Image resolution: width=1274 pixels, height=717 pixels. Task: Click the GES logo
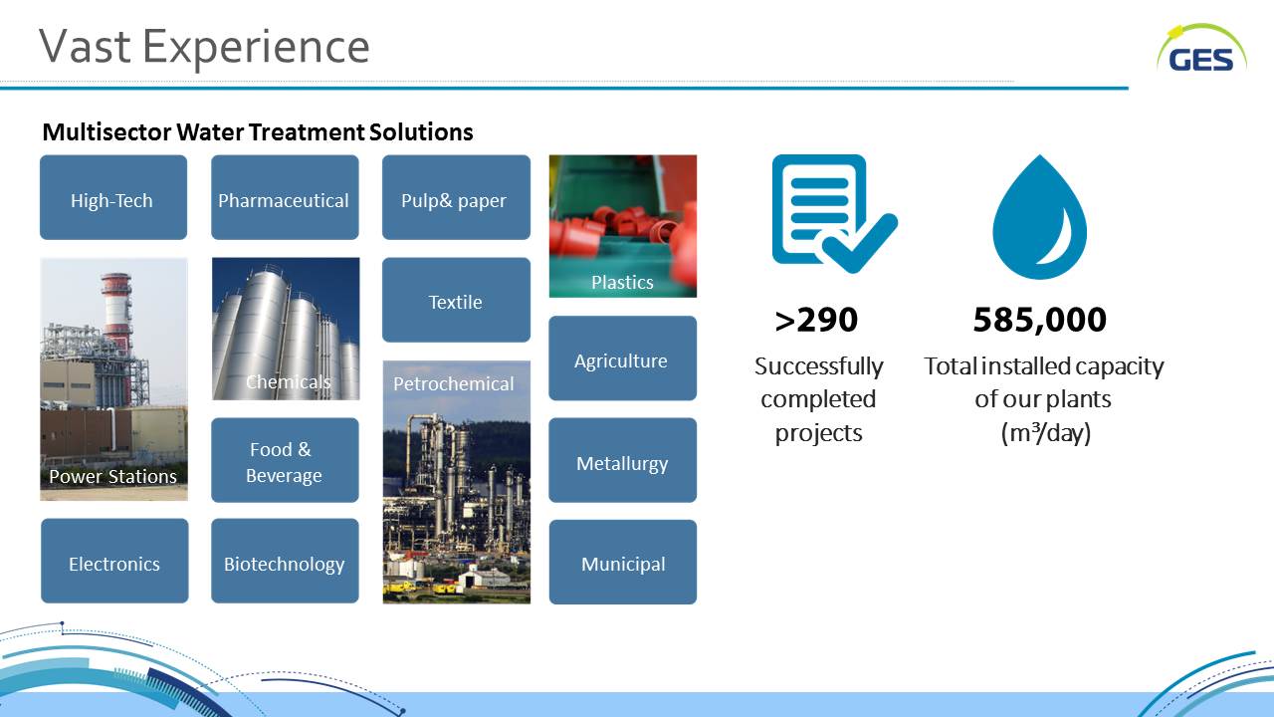[1201, 50]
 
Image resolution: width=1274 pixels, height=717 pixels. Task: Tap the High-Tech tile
[113, 197]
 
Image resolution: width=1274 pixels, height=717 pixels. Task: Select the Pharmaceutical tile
[285, 197]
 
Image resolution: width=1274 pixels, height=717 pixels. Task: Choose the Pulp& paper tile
[456, 197]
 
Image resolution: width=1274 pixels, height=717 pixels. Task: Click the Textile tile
[456, 300]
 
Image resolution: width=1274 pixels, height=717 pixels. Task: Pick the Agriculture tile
[623, 358]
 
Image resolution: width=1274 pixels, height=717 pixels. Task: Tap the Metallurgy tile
[623, 460]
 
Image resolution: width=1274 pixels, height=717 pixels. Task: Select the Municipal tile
[623, 562]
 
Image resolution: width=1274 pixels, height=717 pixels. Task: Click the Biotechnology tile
[285, 561]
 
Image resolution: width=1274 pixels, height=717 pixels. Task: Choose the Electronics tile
[114, 561]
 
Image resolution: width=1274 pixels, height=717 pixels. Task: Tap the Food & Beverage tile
[285, 460]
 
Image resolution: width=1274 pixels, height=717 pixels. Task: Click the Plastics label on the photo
[622, 282]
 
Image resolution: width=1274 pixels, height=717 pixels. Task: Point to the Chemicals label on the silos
[288, 381]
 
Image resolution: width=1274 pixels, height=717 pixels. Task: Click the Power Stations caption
[112, 476]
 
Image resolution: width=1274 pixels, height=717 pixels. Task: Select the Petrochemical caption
[453, 383]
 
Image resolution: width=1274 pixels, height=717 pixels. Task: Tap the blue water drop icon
[1040, 217]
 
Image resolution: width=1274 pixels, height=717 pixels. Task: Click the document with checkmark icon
[834, 214]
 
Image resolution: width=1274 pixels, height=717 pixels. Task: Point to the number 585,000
[1040, 320]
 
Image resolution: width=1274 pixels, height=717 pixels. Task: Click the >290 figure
[816, 320]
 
